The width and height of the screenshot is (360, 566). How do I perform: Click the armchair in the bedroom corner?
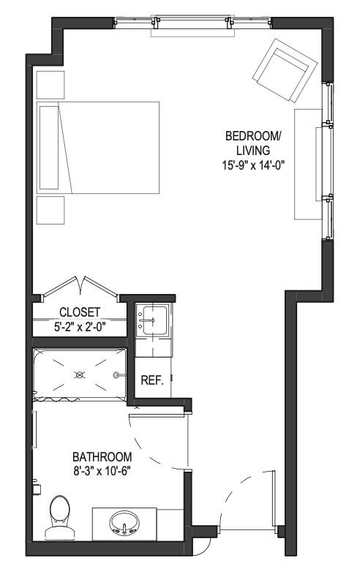tap(285, 71)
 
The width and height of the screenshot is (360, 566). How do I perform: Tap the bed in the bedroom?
tap(98, 148)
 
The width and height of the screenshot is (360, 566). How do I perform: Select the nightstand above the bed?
tap(50, 85)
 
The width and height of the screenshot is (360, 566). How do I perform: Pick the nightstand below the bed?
tap(50, 210)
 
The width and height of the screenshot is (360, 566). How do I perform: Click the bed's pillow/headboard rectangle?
tap(49, 148)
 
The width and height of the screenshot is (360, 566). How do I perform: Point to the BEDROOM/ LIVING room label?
tap(253, 143)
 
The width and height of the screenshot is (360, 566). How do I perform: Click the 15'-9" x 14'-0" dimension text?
tap(253, 165)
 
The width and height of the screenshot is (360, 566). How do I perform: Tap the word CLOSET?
tap(80, 312)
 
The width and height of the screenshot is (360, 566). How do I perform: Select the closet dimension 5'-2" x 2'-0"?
tap(80, 327)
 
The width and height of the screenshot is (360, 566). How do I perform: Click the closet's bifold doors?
tap(80, 287)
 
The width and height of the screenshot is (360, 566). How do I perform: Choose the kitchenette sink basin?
tap(154, 320)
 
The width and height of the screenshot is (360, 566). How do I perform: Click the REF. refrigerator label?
tap(152, 380)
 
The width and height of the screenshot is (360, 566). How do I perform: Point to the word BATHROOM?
tap(102, 457)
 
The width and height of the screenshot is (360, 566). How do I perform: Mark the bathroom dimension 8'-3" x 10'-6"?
tap(101, 471)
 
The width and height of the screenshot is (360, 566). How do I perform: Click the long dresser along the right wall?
tap(308, 164)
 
